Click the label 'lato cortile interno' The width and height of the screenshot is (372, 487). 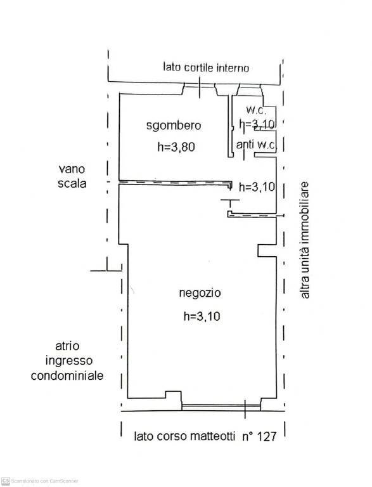(206, 67)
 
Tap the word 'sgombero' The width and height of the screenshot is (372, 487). (173, 126)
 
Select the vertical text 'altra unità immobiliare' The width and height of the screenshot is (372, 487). (305, 241)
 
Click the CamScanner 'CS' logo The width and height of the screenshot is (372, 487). (6, 481)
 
